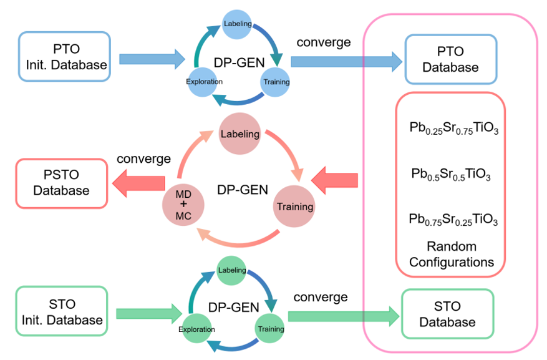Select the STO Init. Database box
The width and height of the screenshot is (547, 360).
click(61, 312)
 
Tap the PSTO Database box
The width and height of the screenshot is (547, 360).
click(61, 182)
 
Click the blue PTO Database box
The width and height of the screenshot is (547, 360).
click(451, 59)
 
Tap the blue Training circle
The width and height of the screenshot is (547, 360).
click(275, 82)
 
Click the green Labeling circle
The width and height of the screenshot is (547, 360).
click(231, 270)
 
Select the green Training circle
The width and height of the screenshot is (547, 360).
click(270, 328)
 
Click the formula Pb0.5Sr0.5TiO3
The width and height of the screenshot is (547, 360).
click(451, 174)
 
